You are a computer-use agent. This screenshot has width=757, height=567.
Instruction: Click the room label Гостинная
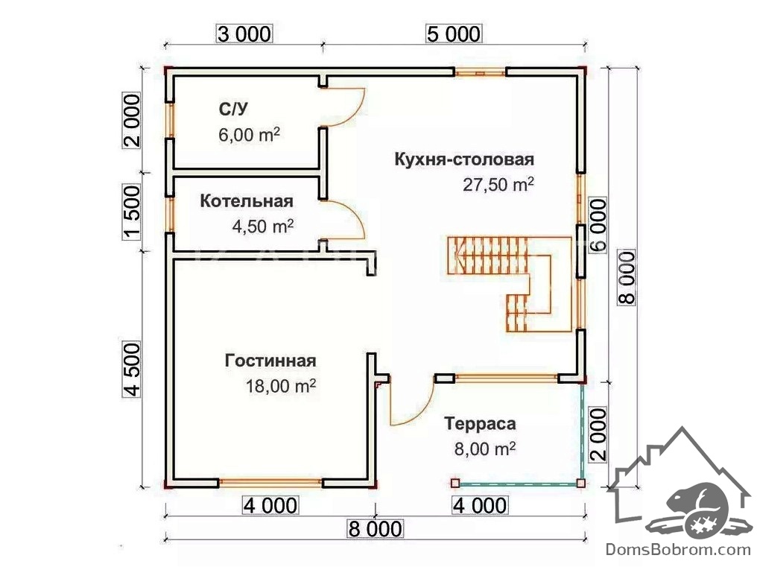(270, 361)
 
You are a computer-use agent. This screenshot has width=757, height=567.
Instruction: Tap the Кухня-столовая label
(464, 159)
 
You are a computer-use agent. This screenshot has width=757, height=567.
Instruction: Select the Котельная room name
(247, 201)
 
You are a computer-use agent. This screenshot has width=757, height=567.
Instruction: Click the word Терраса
(481, 424)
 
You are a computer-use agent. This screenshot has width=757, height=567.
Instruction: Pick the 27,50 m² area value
(498, 185)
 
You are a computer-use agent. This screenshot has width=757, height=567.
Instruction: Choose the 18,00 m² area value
(280, 386)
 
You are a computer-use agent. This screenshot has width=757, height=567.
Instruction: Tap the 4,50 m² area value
(263, 226)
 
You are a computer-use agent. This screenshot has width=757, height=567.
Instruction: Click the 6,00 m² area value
(249, 136)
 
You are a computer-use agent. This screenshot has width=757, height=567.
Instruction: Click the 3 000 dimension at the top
(245, 34)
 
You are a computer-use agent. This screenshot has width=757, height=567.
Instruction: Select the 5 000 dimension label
(454, 34)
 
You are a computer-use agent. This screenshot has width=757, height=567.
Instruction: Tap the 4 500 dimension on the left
(132, 370)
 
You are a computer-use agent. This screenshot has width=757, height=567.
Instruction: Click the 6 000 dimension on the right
(597, 226)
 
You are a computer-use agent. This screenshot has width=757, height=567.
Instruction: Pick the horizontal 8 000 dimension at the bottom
(376, 529)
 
